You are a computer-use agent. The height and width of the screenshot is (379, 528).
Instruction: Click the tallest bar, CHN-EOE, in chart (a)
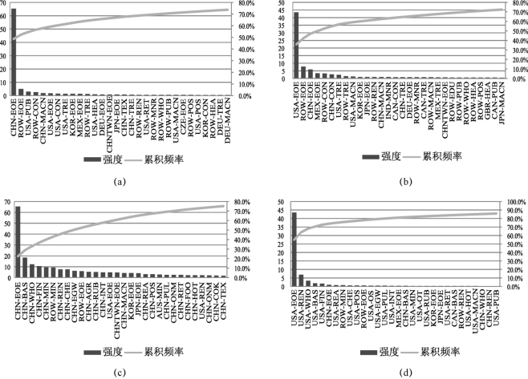14,52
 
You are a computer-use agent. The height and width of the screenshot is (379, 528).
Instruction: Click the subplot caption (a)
120,182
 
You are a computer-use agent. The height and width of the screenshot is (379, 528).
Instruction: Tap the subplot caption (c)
120,372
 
